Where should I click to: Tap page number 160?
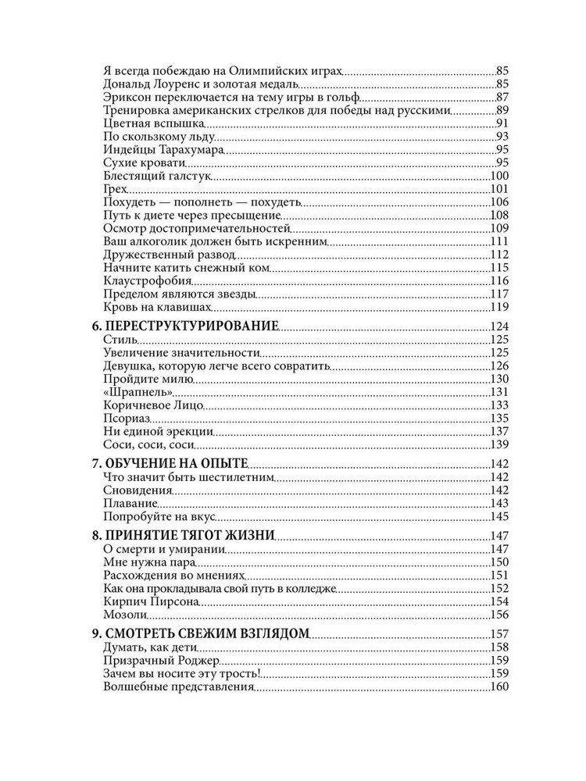pyautogui.click(x=499, y=687)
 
